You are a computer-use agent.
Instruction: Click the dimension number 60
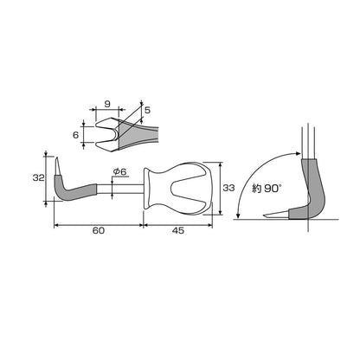(99, 230)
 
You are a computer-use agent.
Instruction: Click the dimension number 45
(178, 230)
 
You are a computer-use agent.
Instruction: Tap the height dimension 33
(228, 188)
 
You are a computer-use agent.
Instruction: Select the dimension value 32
(38, 177)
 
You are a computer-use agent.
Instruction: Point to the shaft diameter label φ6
(120, 171)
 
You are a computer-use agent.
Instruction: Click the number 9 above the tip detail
(107, 104)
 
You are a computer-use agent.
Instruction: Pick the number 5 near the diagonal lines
(147, 110)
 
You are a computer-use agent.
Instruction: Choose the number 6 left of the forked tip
(75, 135)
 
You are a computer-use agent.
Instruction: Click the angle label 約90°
(267, 189)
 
